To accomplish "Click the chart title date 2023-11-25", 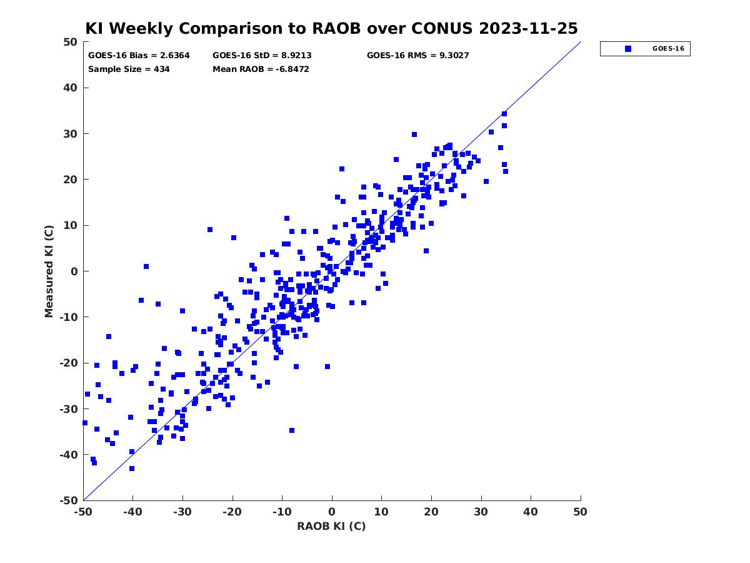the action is [x=528, y=28].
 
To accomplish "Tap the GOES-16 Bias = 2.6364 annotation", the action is [x=139, y=56].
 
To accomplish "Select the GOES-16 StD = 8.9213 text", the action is [x=262, y=56].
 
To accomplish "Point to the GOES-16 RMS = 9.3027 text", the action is [x=417, y=56].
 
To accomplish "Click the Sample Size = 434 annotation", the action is [x=129, y=69].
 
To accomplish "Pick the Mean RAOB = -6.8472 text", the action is [x=261, y=69].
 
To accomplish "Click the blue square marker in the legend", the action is [x=628, y=49].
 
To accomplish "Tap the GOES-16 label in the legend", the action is [x=668, y=49].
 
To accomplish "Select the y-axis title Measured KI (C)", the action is [x=49, y=271].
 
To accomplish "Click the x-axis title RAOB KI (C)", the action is [x=331, y=526].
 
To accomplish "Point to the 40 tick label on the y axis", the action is [x=71, y=88].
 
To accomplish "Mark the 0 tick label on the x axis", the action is [x=332, y=512].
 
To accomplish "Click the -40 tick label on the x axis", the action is [x=132, y=512].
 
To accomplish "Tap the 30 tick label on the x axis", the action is [x=481, y=512].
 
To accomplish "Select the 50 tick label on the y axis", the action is [x=71, y=42].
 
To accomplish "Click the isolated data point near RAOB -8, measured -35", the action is [x=292, y=430].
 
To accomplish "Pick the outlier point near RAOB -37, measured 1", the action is [x=146, y=266].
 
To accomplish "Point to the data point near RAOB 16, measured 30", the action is [x=414, y=134].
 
